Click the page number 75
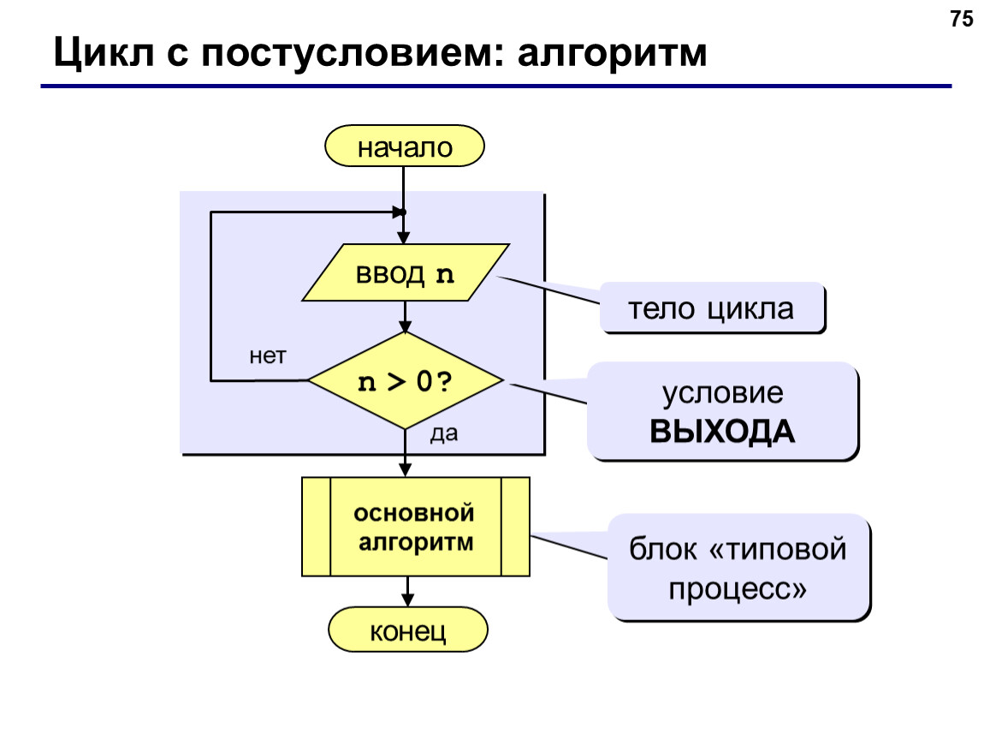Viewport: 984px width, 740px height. [x=962, y=19]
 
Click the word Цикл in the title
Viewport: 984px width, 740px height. [x=103, y=53]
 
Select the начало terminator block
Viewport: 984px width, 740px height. [x=405, y=146]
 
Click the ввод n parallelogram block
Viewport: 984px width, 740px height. [x=406, y=272]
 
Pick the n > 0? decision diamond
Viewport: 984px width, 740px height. [x=406, y=380]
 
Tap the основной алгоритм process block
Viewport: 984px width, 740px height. [x=416, y=527]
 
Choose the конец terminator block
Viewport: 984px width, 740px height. [x=408, y=630]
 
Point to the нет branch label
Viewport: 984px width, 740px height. [x=267, y=356]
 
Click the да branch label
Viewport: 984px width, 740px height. [x=444, y=433]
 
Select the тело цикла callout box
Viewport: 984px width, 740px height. [x=712, y=307]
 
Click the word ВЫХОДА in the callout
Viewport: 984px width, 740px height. [x=722, y=433]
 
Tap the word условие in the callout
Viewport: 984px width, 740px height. [x=723, y=394]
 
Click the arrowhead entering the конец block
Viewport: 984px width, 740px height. [x=408, y=600]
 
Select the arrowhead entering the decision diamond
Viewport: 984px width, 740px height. [x=406, y=326]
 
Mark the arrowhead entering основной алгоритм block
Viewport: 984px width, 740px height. [x=406, y=470]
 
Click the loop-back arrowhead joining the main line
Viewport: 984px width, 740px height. [x=399, y=212]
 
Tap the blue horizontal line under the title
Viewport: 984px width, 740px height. [x=495, y=86]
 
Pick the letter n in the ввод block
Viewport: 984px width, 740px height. [x=445, y=275]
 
